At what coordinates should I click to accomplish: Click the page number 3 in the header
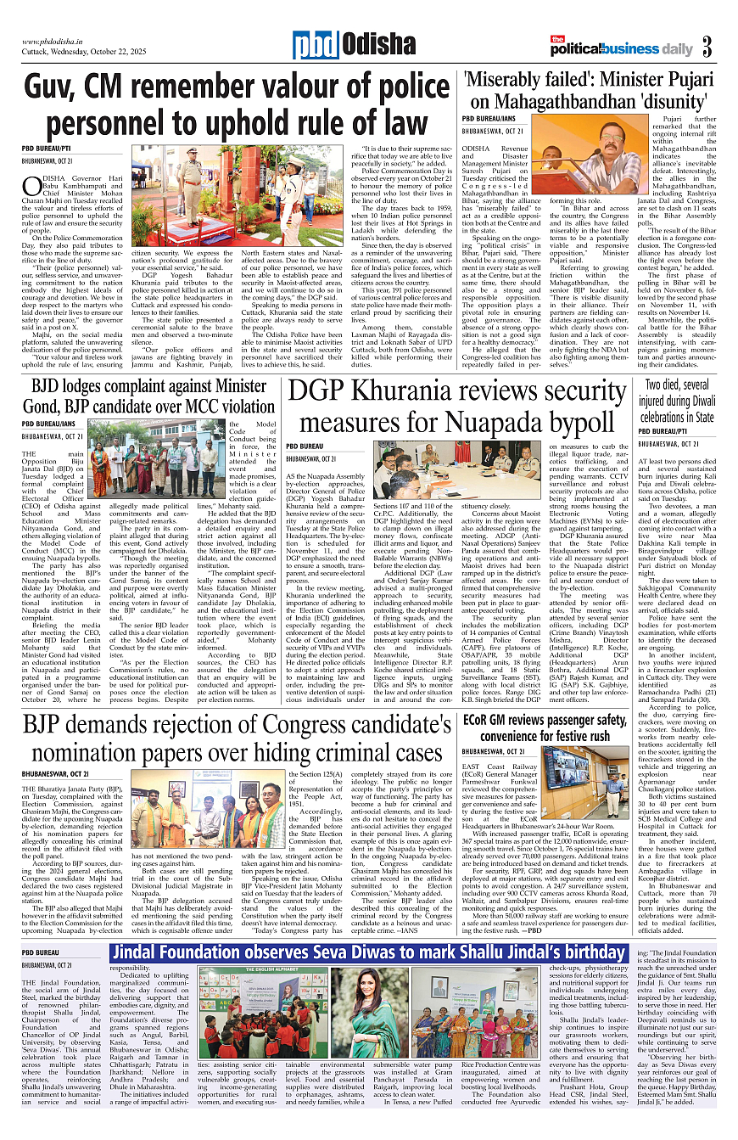point(707,48)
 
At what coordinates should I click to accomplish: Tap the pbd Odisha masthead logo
point(354,46)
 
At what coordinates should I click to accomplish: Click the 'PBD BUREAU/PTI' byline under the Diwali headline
point(667,430)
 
